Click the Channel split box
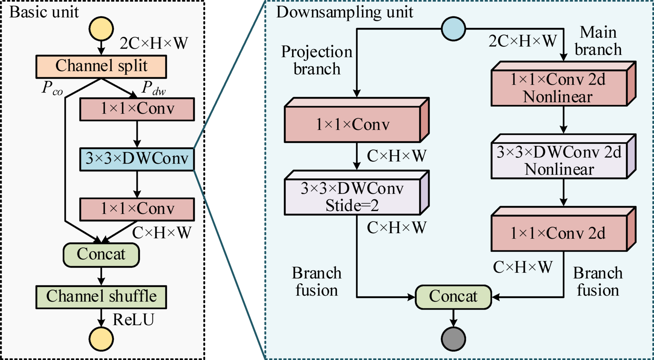point(101,66)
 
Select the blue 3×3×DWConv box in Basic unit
point(136,159)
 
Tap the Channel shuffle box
point(101,297)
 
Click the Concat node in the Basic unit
point(101,254)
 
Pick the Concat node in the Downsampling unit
point(453,297)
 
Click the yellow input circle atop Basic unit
point(101,29)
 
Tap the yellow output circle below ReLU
point(101,339)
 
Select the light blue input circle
point(453,29)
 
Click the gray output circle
point(453,339)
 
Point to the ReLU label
point(134,320)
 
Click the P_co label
point(52,88)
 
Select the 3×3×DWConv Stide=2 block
point(352,197)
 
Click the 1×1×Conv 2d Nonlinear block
point(559,88)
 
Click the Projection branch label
point(317,60)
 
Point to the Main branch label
point(598,41)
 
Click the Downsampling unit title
point(344,12)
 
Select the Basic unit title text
point(44,12)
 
